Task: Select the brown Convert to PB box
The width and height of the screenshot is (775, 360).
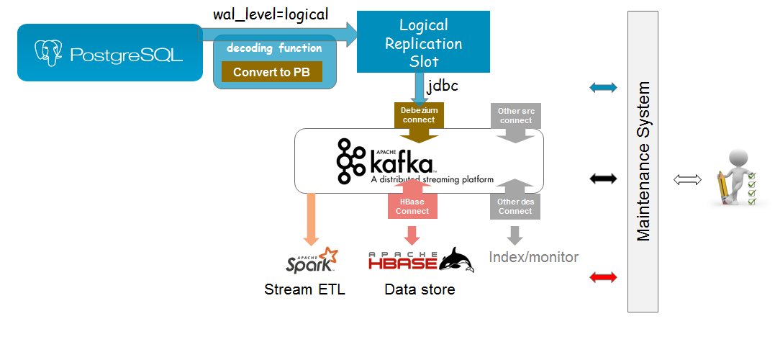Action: coord(271,72)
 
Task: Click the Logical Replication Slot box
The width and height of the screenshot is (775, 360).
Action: coord(423,43)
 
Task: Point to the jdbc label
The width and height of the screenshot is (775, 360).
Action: coord(443,86)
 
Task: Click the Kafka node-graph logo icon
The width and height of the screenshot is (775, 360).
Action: coord(351,161)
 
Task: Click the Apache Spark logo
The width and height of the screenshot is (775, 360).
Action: coord(312,261)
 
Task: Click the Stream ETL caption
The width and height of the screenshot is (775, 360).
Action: coord(305,290)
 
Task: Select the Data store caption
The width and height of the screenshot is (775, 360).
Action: coord(420,290)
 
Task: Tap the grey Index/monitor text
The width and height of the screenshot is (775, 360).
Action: coord(534,257)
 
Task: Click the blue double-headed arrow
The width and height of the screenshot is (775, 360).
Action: coord(603,88)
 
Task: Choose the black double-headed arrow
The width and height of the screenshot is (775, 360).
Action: coord(603,179)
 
